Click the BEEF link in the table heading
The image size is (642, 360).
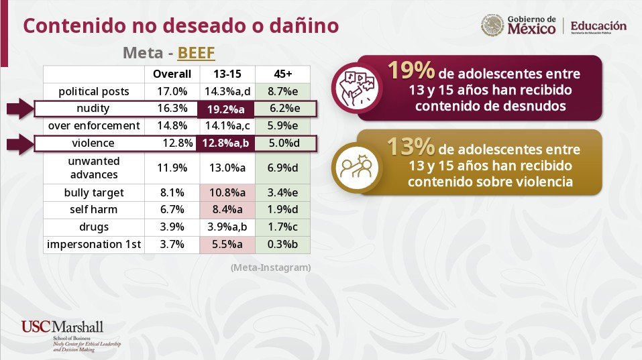(196, 53)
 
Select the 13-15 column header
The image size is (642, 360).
(227, 74)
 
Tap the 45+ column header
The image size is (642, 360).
(283, 74)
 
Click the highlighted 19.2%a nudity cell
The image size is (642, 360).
(225, 109)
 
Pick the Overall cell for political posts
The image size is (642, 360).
(172, 91)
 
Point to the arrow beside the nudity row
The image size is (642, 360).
(20, 109)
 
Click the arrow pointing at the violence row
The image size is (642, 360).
(20, 144)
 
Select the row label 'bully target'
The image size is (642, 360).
(94, 192)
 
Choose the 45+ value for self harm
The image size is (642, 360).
(282, 209)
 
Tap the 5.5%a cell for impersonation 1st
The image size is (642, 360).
(227, 244)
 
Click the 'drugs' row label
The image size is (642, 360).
(94, 227)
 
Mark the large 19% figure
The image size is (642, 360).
(411, 70)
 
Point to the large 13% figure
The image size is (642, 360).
(411, 146)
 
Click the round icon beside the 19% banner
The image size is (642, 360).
(357, 88)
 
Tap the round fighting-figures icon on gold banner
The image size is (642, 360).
(357, 168)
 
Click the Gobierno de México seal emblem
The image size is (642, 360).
(492, 25)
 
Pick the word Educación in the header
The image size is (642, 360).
(598, 25)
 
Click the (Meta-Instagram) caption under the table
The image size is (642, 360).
(270, 267)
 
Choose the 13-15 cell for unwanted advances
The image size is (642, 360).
(227, 168)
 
